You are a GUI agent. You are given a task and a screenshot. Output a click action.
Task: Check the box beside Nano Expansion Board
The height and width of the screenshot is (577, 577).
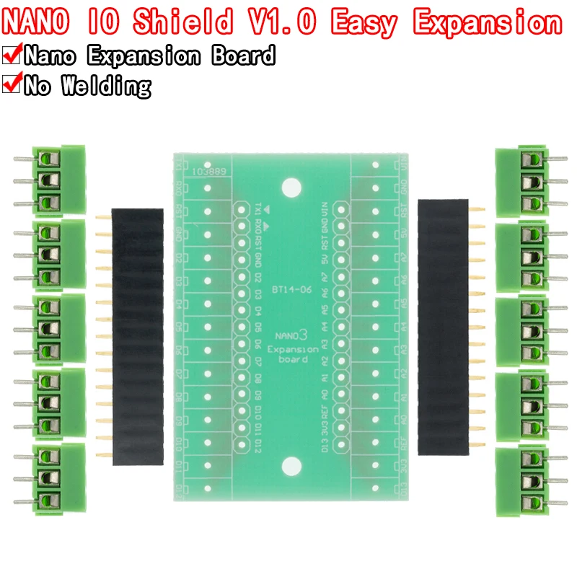coord(12,56)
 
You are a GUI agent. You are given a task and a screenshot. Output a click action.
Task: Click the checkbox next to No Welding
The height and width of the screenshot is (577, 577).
coord(12,85)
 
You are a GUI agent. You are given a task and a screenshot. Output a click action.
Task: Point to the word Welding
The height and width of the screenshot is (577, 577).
coord(106,86)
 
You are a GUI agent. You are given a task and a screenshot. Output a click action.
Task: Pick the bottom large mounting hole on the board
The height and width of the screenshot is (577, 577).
coord(291,465)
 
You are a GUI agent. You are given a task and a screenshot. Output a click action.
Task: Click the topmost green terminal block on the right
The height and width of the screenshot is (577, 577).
coord(521,180)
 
